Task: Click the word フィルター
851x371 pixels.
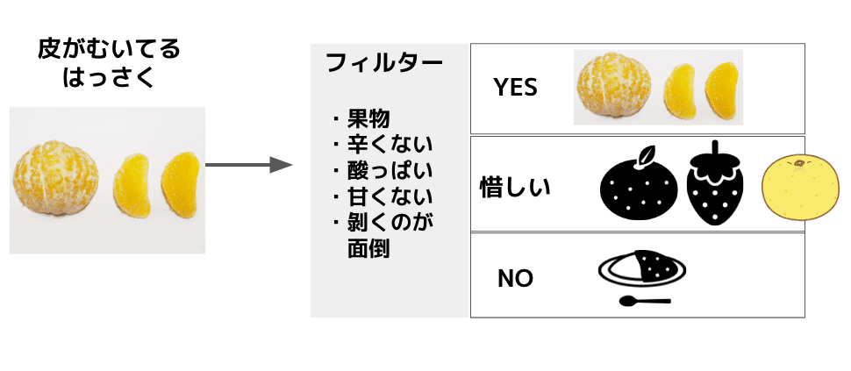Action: tap(383, 63)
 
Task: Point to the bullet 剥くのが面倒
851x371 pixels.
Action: tap(386, 232)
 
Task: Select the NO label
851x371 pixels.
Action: tap(515, 278)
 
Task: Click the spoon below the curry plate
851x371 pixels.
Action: tap(644, 302)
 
